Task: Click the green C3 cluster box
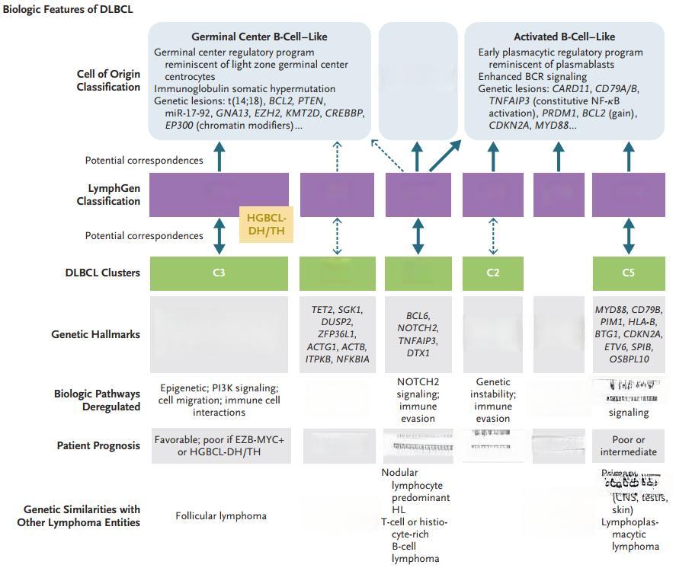(219, 273)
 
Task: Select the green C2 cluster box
(493, 273)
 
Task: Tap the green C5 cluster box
(628, 273)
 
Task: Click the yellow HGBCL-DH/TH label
(266, 224)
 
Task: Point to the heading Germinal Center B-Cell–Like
(259, 37)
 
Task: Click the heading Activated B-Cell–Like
(564, 37)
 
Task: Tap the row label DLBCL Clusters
(102, 273)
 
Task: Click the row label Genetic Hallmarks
(95, 333)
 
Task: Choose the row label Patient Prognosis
(98, 445)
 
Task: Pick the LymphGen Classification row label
(108, 194)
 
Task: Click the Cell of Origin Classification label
(108, 80)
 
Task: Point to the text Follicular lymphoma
(221, 515)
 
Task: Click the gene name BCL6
(418, 315)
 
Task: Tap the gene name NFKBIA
(353, 359)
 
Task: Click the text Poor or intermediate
(629, 445)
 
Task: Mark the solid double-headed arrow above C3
(219, 236)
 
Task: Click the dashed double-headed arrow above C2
(493, 236)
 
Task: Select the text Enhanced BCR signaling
(532, 76)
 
